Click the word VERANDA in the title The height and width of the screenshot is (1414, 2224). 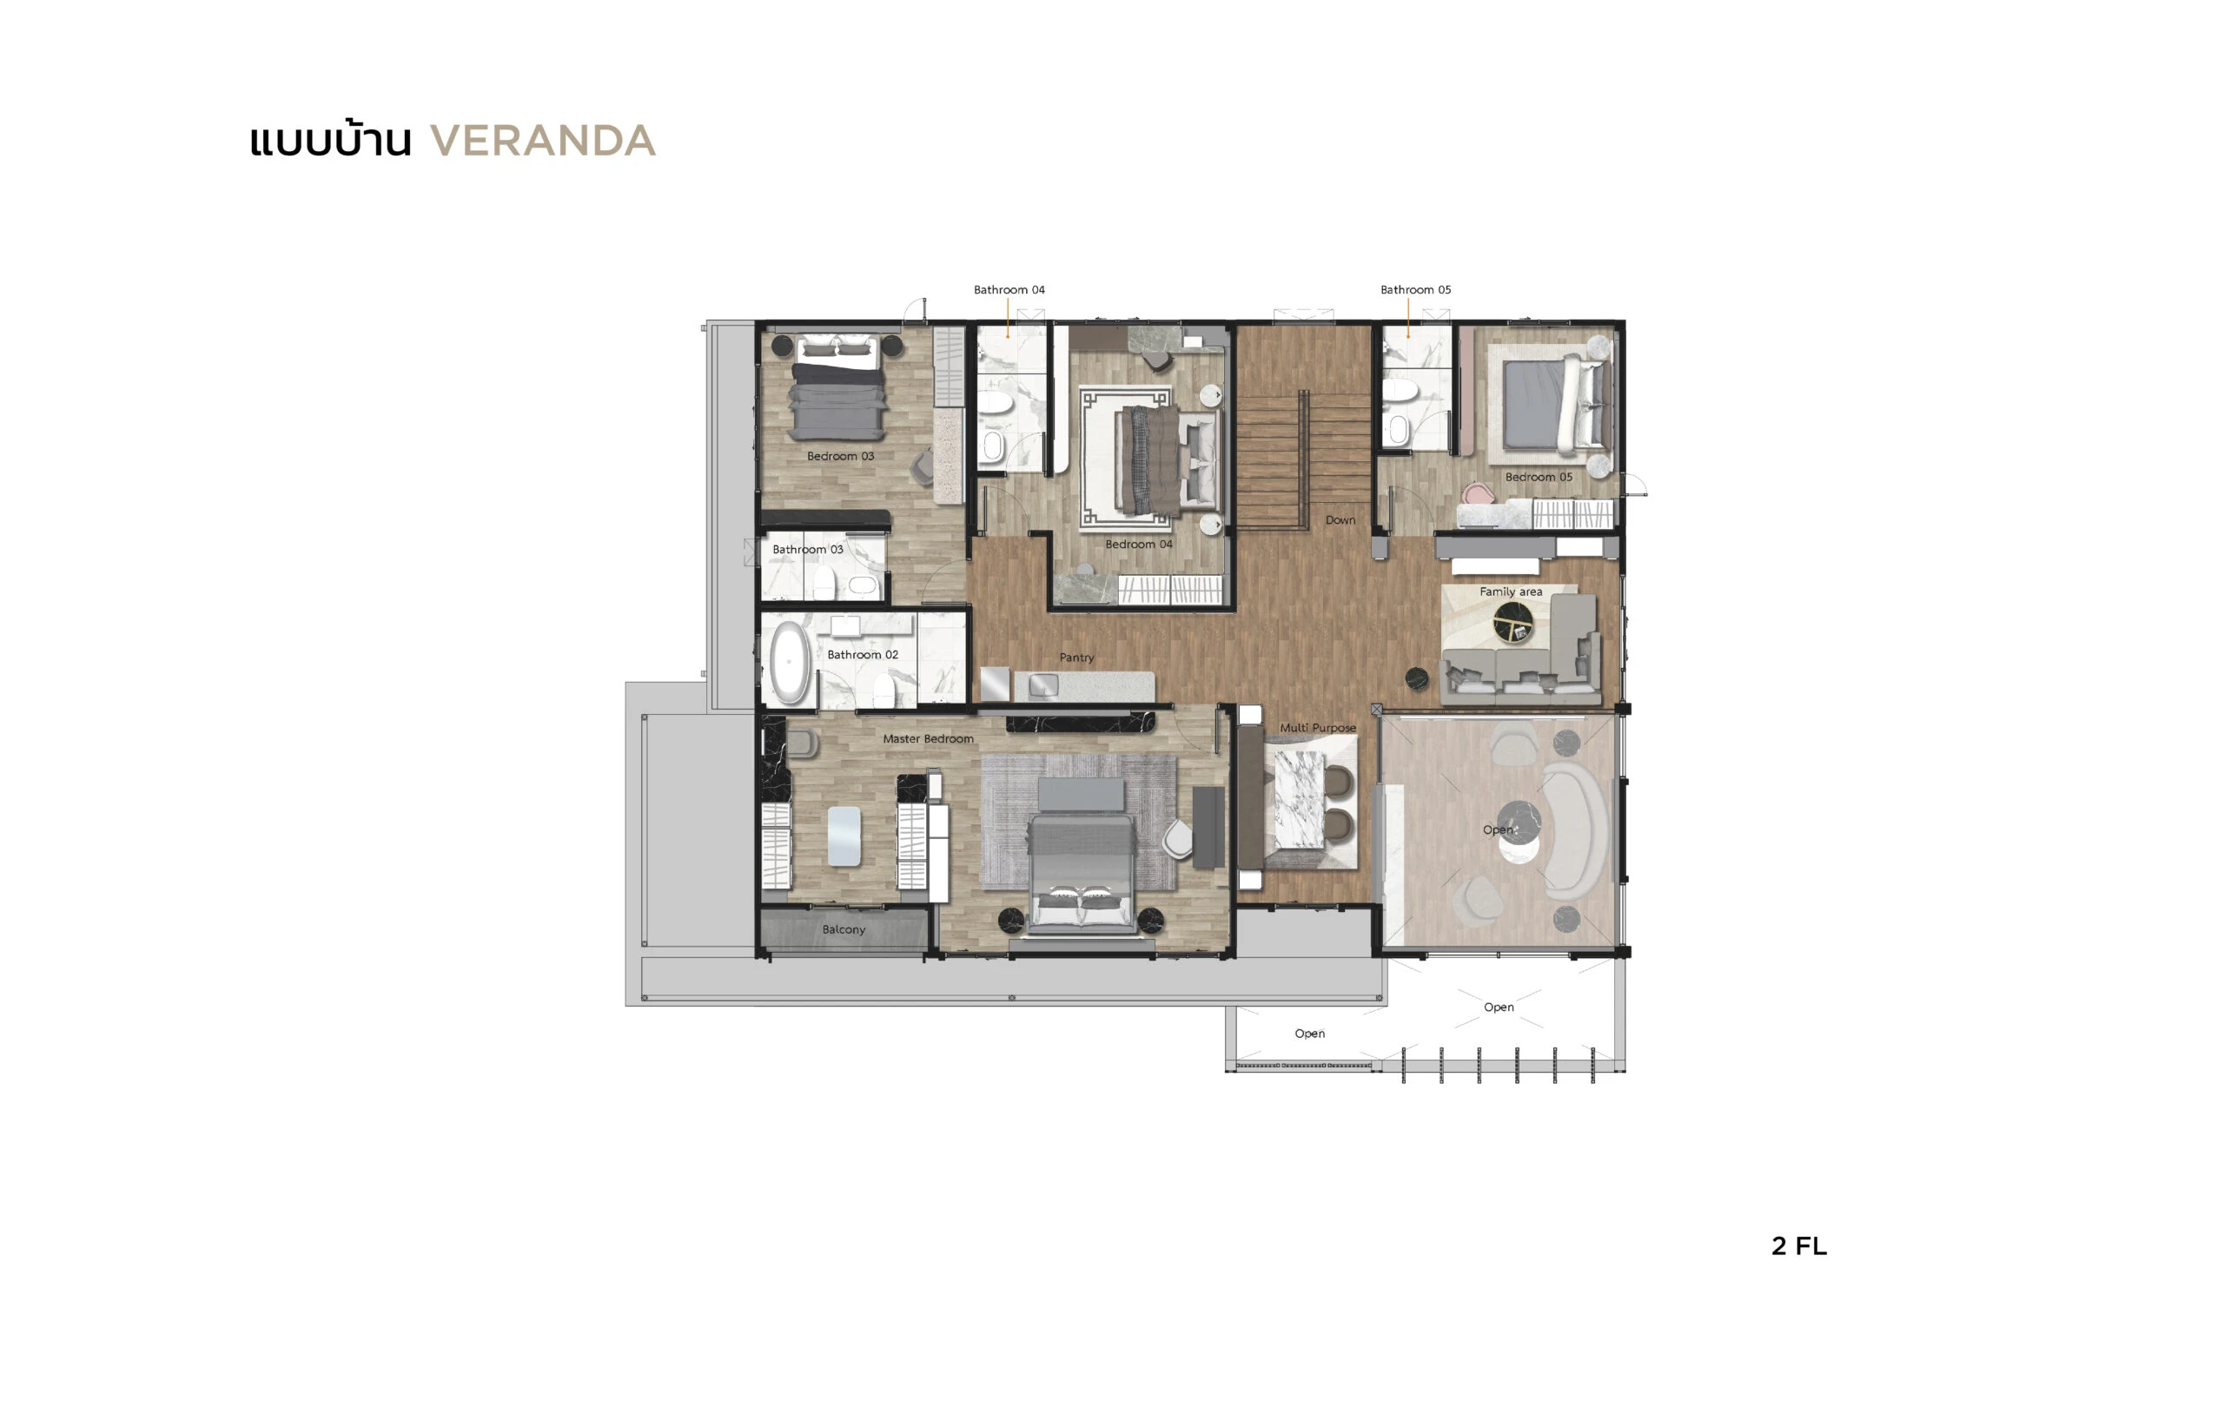coord(543,142)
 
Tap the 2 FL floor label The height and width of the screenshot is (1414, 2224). coord(1798,1246)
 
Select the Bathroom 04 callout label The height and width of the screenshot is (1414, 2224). coord(1009,290)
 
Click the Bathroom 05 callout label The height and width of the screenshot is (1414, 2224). coord(1415,290)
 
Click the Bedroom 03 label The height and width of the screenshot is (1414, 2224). coord(839,456)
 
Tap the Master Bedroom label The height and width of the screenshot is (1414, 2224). coord(927,739)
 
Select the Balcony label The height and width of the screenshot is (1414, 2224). coord(844,929)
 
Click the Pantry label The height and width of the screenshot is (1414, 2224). coord(1076,657)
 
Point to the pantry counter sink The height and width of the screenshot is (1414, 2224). coord(1043,685)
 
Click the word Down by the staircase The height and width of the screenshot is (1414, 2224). coord(1340,520)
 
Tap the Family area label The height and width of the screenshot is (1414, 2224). coord(1510,592)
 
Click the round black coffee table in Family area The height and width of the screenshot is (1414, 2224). coord(1512,622)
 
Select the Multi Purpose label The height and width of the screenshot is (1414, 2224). coord(1317,728)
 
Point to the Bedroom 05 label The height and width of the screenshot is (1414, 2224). coord(1538,478)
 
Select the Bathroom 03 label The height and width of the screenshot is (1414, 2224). coord(807,550)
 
